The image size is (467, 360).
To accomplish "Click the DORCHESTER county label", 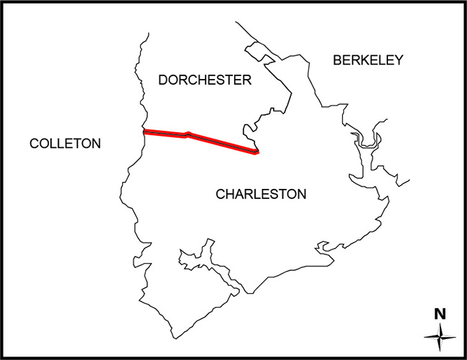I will (x=205, y=80).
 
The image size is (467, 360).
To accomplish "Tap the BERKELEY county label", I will (x=369, y=60).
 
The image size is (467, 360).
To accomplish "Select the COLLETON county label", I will (x=65, y=144).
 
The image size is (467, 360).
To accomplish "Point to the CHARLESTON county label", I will (x=261, y=194).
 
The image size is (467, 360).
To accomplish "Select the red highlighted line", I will (x=216, y=141).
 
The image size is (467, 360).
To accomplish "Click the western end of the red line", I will (x=146, y=132).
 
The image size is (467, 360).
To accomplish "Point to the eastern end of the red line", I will (x=256, y=151).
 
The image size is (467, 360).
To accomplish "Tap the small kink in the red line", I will (x=188, y=134).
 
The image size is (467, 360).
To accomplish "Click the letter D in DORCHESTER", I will (x=163, y=80).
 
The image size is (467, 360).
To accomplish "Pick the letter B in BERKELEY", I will (x=338, y=60).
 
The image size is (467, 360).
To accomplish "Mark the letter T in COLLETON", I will (x=81, y=144).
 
